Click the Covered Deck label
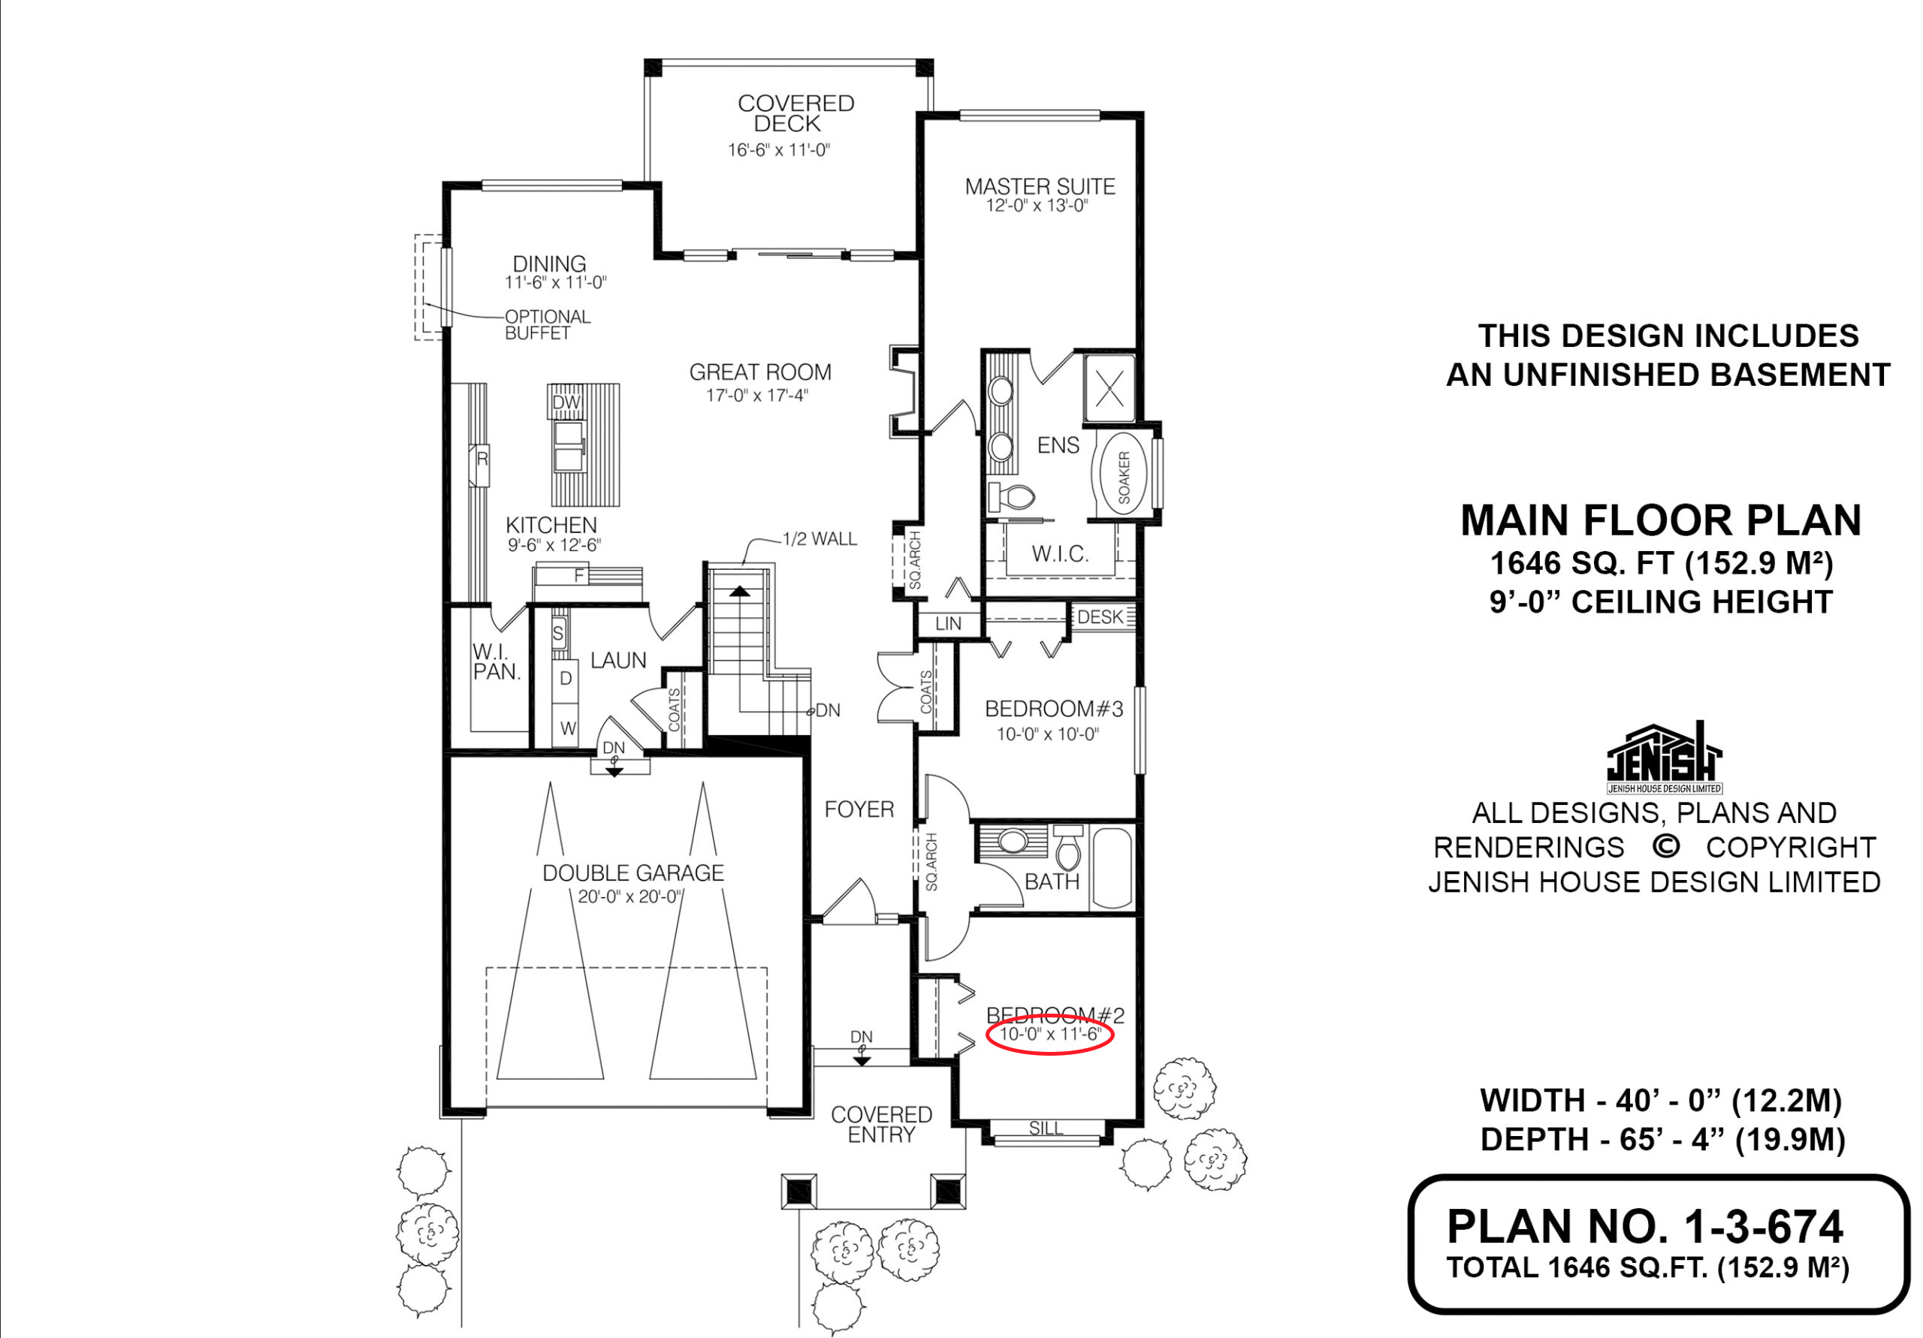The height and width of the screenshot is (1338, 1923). tap(795, 113)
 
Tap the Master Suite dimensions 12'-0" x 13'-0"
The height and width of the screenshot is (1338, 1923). tap(1037, 206)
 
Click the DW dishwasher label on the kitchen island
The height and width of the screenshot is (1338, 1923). tap(566, 402)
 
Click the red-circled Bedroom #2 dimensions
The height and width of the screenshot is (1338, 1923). tap(1049, 1034)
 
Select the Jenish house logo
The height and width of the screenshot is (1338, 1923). tap(1664, 757)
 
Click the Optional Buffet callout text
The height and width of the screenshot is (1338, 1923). tap(547, 325)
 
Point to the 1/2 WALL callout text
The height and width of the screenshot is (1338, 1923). tap(819, 539)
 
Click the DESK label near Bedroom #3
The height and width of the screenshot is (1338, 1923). tap(1100, 617)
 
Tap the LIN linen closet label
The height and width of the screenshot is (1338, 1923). tap(948, 624)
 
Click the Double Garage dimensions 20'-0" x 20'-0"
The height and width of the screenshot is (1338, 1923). tap(629, 897)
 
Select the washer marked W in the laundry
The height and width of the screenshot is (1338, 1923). tap(568, 728)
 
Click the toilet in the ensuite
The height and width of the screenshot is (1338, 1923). tap(1011, 496)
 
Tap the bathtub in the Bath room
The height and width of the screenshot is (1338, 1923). tap(1112, 867)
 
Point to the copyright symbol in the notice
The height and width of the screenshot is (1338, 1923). tap(1666, 846)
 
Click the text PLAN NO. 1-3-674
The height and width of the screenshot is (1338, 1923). tap(1645, 1227)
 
